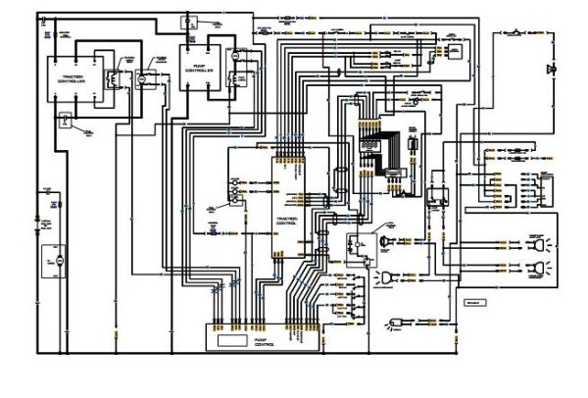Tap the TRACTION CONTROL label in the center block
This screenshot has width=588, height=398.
pyautogui.click(x=287, y=194)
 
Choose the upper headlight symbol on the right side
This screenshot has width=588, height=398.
pyautogui.click(x=538, y=241)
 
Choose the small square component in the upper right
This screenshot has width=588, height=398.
pyautogui.click(x=456, y=48)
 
